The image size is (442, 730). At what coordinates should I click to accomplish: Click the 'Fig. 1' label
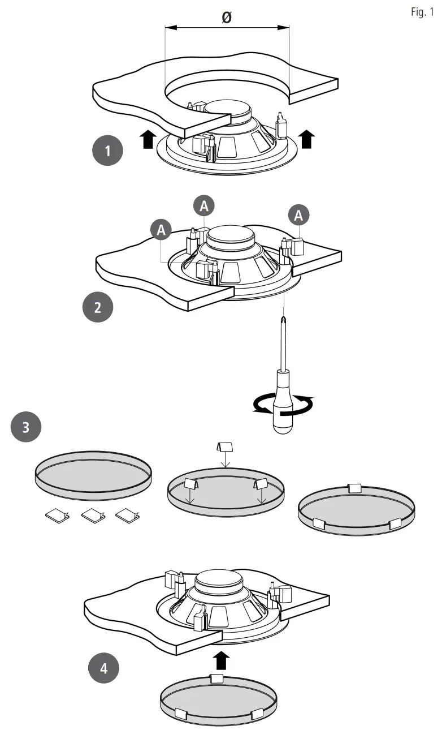422,13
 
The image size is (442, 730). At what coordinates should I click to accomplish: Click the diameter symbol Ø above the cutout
226,18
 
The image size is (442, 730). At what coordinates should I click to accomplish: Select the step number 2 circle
98,307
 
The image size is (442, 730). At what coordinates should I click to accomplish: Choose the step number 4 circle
103,668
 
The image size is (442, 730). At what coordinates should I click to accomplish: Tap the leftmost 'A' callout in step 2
161,230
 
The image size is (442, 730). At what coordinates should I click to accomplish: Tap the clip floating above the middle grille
226,449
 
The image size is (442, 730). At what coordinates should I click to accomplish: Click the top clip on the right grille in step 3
354,487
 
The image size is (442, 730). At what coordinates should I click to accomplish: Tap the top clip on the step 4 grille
217,678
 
